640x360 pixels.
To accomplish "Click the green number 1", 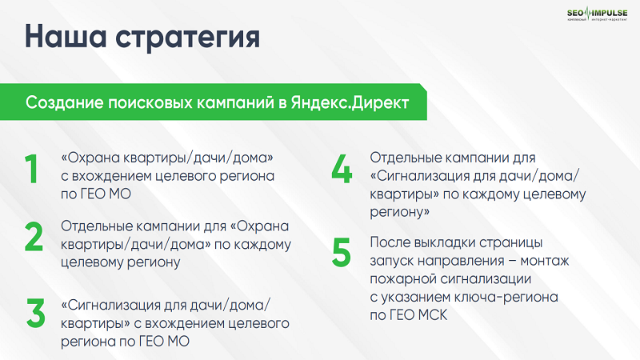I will point(32,170).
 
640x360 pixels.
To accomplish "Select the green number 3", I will point(34,314).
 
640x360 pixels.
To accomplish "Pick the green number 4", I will point(342,170).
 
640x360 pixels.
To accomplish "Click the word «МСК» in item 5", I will point(432,316).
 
